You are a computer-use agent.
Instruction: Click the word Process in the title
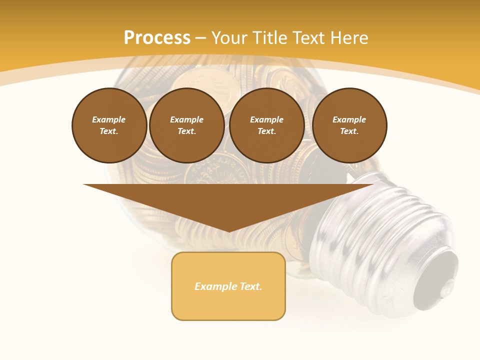point(157,38)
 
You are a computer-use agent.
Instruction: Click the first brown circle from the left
point(109,125)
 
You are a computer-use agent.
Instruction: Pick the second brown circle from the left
point(187,125)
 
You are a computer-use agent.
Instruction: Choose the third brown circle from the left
point(267,125)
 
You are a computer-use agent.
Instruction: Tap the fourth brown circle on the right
point(349,125)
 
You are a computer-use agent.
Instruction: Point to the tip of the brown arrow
point(228,230)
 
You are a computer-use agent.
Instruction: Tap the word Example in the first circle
point(109,119)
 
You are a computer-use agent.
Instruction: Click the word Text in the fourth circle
point(349,131)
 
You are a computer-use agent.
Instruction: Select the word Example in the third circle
point(267,119)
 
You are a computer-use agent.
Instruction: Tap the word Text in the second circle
point(186,131)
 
